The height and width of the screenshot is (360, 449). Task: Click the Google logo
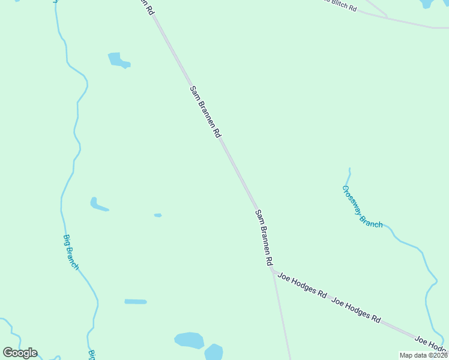(x=20, y=353)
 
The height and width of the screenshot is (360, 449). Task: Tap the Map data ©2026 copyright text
(x=423, y=355)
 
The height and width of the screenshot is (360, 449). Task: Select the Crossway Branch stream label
(x=362, y=206)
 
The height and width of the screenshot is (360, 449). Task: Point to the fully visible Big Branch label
(x=71, y=251)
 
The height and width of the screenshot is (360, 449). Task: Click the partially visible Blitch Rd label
(x=341, y=5)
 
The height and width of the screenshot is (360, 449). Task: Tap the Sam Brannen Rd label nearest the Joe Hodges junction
(x=264, y=238)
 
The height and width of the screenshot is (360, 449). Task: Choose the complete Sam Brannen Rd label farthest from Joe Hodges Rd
(x=205, y=112)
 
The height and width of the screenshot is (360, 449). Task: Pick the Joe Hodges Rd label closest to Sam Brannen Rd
(x=302, y=287)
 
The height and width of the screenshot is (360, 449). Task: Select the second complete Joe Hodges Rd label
(x=355, y=310)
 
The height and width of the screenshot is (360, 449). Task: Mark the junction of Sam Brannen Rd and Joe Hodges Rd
(x=273, y=272)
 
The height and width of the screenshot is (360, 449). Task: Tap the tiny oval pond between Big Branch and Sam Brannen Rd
(x=158, y=215)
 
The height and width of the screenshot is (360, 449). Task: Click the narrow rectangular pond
(x=136, y=301)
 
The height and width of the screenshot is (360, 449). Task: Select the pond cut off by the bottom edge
(x=214, y=352)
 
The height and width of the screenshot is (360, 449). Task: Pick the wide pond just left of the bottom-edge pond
(x=189, y=340)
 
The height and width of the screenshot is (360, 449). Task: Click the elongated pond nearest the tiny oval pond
(x=98, y=205)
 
